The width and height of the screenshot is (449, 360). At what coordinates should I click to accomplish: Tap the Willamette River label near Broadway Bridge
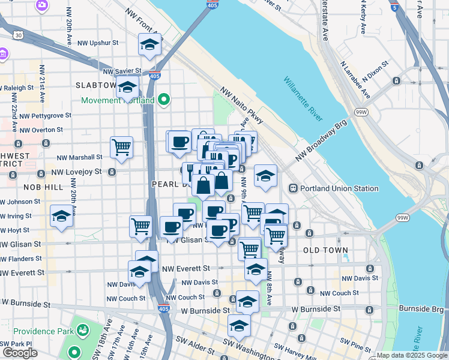click(x=304, y=99)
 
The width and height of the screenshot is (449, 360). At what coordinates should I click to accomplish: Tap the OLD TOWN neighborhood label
click(x=325, y=250)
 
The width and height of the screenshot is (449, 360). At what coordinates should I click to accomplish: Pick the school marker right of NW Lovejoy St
click(x=265, y=175)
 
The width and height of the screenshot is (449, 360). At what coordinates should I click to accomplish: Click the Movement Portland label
click(x=118, y=100)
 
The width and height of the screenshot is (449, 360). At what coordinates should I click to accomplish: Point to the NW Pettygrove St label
click(x=45, y=115)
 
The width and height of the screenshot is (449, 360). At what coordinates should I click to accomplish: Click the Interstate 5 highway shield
click(x=393, y=7)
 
